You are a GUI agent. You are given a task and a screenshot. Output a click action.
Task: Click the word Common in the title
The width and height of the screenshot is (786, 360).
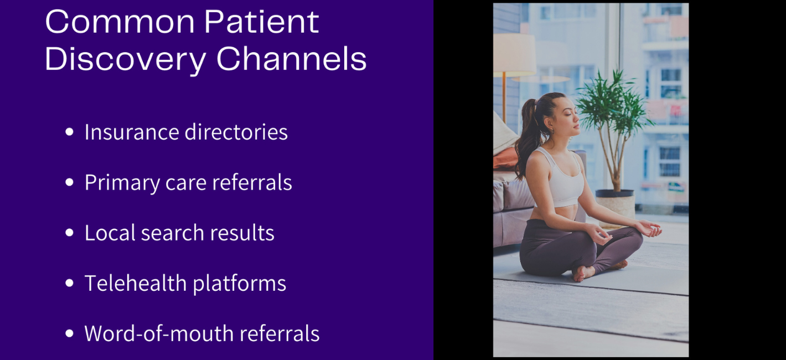coord(120,22)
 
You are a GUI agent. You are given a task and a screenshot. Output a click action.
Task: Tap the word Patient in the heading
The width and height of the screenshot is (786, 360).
coord(262,22)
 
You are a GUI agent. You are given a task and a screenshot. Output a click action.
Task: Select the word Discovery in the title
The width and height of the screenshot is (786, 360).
coord(125,60)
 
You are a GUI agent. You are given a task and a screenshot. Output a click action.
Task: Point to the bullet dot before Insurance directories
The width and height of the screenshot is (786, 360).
coord(70,132)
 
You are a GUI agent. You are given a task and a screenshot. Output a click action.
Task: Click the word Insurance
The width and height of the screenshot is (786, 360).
coord(132,132)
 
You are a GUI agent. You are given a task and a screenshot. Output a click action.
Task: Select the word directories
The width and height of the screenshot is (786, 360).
coord(236,132)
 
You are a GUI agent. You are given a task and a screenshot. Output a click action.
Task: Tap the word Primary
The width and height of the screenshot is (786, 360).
coord(122,183)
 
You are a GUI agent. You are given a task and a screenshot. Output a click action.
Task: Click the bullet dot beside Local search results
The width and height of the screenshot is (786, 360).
coord(70,233)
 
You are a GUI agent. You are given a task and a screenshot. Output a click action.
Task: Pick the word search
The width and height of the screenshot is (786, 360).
coord(173,233)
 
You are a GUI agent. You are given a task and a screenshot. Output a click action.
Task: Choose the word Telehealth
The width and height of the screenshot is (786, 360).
coord(136,283)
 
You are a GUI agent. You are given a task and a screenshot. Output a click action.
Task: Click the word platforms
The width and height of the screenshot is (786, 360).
coord(240,284)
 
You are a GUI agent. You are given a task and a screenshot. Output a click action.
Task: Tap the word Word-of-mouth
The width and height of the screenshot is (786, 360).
coord(159,333)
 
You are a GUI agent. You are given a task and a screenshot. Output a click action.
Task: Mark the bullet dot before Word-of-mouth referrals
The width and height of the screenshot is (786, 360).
coord(70,333)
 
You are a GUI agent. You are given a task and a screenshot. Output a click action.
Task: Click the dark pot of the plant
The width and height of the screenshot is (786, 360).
coord(614,193)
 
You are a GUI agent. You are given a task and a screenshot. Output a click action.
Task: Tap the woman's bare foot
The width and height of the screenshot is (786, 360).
coord(583,273)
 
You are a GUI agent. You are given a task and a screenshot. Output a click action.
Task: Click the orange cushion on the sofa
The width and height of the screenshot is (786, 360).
coord(505,158)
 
